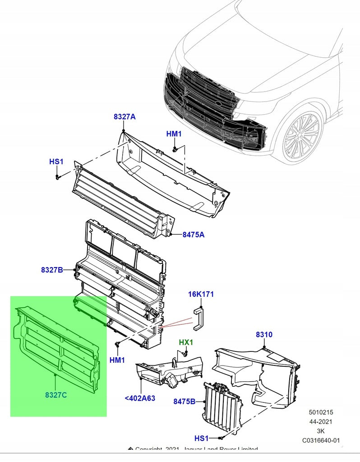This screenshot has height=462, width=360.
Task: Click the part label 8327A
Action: pos(125,117)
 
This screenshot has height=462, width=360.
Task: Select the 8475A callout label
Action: pos(194,235)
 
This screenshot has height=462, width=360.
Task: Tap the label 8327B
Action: pos(52,270)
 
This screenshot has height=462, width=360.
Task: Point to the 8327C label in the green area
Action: pos(56,395)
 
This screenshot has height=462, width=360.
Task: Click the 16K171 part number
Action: pos(201,295)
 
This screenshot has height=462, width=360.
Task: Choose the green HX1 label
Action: pos(186,342)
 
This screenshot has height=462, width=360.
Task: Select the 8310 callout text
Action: pos(264,335)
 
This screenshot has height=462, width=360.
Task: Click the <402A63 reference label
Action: pos(140,398)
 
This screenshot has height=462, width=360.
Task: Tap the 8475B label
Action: pos(184,401)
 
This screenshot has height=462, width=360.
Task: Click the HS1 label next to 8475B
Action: pos(202,439)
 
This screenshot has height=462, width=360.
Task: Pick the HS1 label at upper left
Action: pos(56,162)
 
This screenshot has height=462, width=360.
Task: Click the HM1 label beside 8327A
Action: pos(174,134)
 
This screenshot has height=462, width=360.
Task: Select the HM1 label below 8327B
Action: pos(117,360)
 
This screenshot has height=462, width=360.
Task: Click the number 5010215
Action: pos(321,412)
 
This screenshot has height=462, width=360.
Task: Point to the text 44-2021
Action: pos(321,421)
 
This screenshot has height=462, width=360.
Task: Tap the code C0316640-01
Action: pos(321,440)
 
